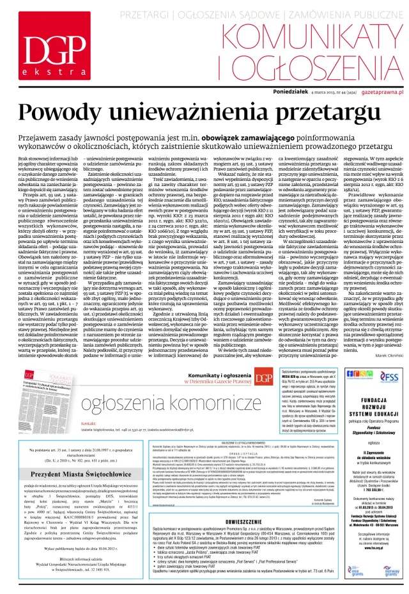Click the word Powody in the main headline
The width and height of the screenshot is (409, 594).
point(66,114)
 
